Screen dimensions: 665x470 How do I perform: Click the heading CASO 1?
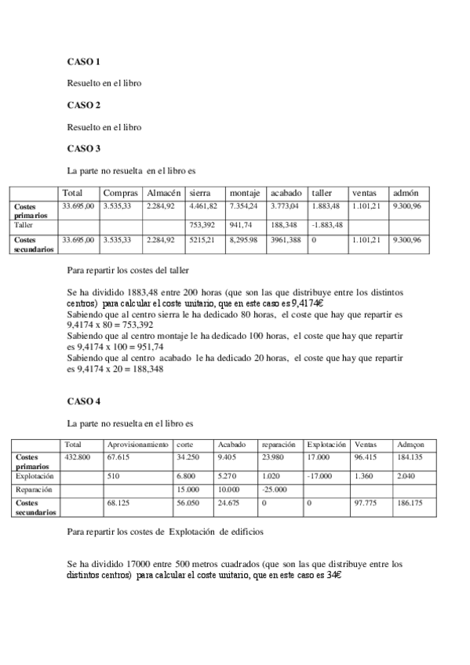(83, 61)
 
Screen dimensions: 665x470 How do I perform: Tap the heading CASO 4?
(83, 402)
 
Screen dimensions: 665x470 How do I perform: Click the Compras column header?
(121, 193)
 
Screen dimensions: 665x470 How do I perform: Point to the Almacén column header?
(164, 193)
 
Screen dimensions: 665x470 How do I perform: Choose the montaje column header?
(244, 193)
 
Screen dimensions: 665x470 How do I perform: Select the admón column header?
(405, 193)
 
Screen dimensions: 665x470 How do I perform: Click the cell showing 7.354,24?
(243, 206)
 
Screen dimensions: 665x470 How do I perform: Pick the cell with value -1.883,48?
(327, 224)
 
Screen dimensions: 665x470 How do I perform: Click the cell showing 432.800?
(78, 456)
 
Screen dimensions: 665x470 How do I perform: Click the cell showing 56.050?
(188, 503)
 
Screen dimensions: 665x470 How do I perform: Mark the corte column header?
(186, 445)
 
